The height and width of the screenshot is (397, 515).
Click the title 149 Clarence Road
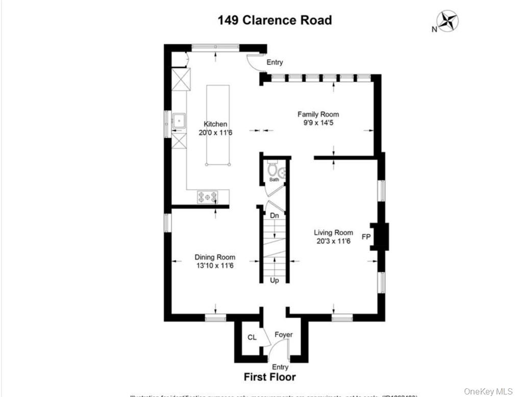[x=275, y=20]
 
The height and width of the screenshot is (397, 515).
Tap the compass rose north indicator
[x=448, y=21]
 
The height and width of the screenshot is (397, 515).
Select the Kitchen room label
[x=215, y=124]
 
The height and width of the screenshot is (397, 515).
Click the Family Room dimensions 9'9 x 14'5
[x=318, y=123]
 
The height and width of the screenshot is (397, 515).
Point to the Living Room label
[x=333, y=233]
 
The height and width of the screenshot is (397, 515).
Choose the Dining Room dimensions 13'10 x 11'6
[x=215, y=265]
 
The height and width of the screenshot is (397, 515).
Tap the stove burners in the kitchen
[x=208, y=196]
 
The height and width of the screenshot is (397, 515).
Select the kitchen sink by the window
[x=179, y=120]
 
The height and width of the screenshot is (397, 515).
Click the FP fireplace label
[x=366, y=237]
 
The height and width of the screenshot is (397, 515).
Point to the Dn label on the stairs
[x=274, y=216]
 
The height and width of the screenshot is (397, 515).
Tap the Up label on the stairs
[x=274, y=281]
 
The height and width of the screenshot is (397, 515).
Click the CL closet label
[x=252, y=337]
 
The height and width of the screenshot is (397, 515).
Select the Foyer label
[x=283, y=335]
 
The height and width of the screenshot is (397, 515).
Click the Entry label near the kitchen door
[x=275, y=62]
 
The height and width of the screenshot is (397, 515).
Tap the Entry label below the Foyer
[x=280, y=367]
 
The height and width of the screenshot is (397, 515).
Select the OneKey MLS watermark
[x=488, y=391]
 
